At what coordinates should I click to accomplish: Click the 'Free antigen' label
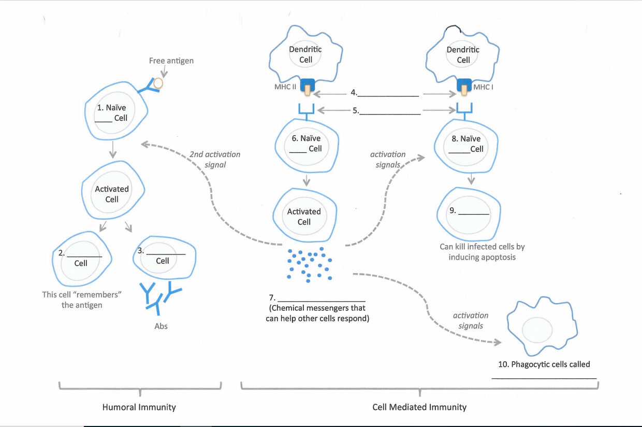pos(171,61)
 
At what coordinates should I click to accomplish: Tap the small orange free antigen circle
pos(158,83)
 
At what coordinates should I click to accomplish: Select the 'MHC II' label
pos(285,87)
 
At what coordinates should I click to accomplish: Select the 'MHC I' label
pos(483,87)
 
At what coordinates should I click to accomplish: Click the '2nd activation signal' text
pos(215,160)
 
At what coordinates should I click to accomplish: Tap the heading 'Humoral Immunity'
pos(139,407)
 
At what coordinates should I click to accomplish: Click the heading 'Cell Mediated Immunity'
pos(419,407)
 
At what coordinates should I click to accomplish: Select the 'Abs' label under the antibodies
pos(161,326)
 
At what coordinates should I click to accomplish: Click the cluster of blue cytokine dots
pos(310,264)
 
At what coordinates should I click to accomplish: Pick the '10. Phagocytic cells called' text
pos(544,364)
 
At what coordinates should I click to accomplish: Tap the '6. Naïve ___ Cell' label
pos(306,144)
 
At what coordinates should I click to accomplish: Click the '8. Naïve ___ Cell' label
pos(466,144)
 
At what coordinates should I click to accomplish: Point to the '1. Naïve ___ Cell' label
pos(112,113)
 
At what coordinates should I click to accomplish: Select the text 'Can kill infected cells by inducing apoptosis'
pos(482,252)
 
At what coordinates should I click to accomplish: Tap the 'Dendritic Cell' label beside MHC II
pos(305,54)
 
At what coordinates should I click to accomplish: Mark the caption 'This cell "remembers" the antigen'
pos(82,300)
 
